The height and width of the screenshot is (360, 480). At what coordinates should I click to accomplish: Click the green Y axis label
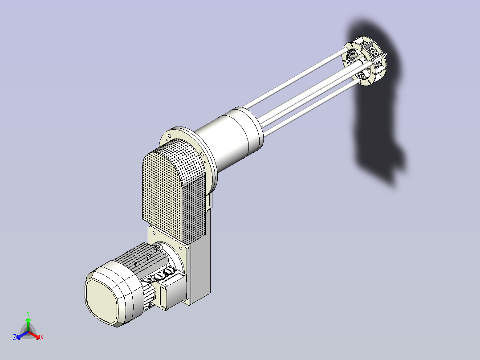(28, 313)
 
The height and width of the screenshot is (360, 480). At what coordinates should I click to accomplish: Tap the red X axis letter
(42, 337)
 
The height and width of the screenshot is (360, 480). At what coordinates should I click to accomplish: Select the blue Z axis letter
(15, 337)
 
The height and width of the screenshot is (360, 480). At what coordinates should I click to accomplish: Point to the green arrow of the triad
(28, 324)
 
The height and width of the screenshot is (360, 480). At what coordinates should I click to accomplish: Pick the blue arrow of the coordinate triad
(22, 335)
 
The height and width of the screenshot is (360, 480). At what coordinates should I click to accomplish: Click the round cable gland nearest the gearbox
(169, 271)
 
